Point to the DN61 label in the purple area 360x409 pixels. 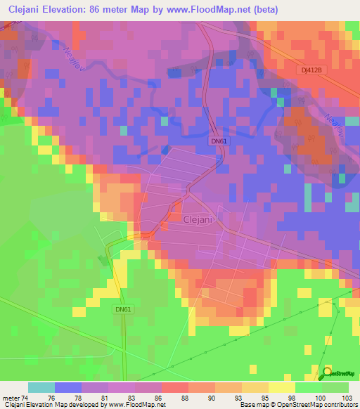coord(219,141)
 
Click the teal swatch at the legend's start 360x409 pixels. coord(41,387)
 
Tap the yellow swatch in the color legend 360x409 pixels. coord(281,387)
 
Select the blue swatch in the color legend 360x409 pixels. coord(67,387)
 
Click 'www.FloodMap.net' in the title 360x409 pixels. coord(214,9)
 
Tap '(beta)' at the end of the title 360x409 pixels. coord(267,9)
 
